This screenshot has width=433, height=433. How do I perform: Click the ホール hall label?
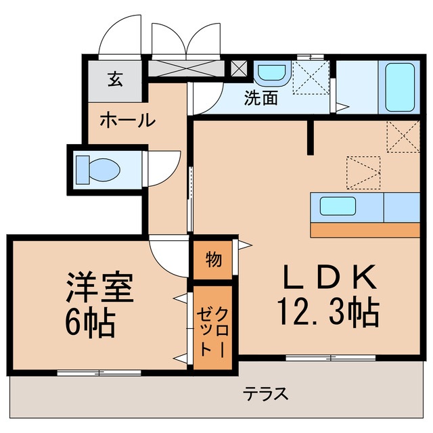click(127, 121)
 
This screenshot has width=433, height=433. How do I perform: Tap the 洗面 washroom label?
click(260, 99)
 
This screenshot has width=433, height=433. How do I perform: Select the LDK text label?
click(328, 277)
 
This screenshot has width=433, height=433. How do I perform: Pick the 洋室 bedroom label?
click(99, 288)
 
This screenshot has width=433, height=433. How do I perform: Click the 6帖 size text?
click(91, 324)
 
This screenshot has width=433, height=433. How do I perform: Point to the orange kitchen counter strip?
click(365, 229)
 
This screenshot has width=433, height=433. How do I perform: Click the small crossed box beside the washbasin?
click(239, 68)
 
